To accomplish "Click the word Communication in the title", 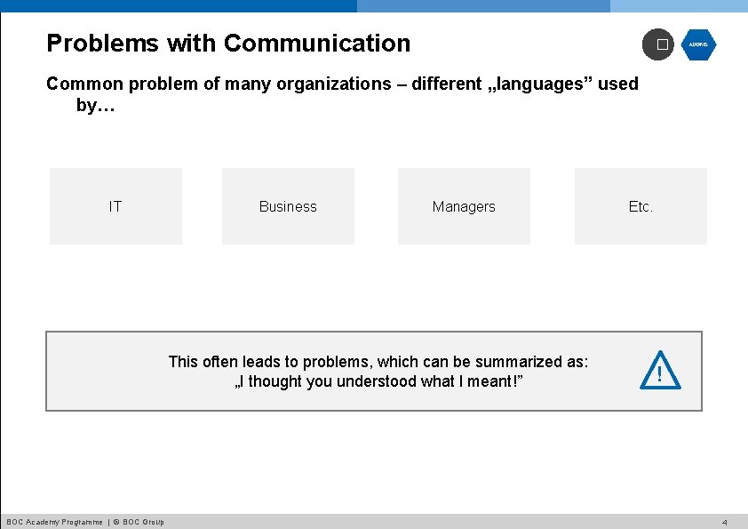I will (x=317, y=43).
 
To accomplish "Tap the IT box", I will (x=115, y=206).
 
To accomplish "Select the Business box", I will (x=288, y=206).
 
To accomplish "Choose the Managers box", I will (x=464, y=206).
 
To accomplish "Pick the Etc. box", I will (x=641, y=206).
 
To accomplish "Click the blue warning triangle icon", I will (x=659, y=372).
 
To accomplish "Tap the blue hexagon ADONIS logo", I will (x=698, y=44).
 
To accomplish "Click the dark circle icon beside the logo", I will (x=658, y=44).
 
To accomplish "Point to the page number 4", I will (x=725, y=522).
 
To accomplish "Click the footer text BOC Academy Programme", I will (x=53, y=522).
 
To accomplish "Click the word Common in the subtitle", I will (x=84, y=84).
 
